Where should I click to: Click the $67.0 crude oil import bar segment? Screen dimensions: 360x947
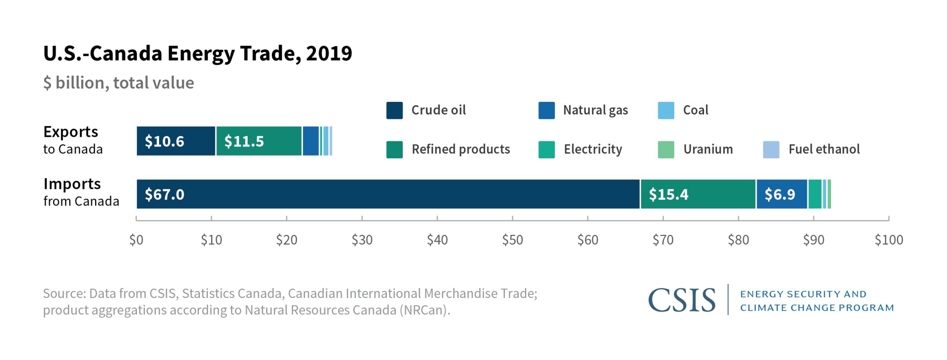point(388,194)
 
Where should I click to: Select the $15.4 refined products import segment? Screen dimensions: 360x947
point(698,194)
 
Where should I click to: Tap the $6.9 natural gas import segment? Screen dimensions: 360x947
point(782,194)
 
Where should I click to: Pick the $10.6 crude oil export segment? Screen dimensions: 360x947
point(176,141)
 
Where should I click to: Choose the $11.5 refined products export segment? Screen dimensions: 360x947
point(259,141)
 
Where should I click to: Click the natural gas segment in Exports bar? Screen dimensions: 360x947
point(311,141)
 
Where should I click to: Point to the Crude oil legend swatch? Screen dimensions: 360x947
point(394,110)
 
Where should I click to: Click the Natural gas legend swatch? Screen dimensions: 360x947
point(546,110)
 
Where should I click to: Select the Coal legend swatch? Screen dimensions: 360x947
point(666,110)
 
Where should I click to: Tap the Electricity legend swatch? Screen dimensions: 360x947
point(546,150)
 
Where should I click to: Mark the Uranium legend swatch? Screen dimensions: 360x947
point(666,150)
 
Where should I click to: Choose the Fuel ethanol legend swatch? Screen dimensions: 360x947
point(771,150)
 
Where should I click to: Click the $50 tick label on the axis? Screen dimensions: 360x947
point(512,240)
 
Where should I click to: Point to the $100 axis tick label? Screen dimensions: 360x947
point(888,240)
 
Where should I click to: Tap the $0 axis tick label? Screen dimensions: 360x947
point(136,240)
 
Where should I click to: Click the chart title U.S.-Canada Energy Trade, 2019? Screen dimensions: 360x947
point(197,54)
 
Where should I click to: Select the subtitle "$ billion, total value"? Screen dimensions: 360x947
point(118,83)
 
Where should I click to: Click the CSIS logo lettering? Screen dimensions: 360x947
point(681,300)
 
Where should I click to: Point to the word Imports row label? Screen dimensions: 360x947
point(72,184)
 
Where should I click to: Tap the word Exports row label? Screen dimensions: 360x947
point(71,132)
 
